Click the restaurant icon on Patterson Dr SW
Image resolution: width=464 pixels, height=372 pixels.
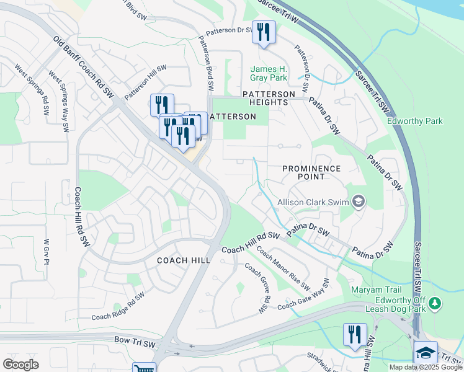(x=264, y=32)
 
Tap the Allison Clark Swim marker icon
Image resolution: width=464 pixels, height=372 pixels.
(x=358, y=201)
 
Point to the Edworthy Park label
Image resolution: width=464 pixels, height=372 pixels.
(x=415, y=121)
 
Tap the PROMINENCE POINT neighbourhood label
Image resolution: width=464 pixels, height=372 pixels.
(x=311, y=172)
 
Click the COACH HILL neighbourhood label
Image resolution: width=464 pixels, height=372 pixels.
(x=183, y=260)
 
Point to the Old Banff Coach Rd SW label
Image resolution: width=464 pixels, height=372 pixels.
(x=84, y=66)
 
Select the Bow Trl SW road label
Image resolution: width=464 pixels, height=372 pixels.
(x=135, y=340)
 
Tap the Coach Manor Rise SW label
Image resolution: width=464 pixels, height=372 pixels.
(x=283, y=269)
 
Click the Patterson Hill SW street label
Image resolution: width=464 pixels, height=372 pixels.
(x=146, y=82)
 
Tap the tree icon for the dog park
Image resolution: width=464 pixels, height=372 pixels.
(x=436, y=303)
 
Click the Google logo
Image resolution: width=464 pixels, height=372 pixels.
(x=20, y=364)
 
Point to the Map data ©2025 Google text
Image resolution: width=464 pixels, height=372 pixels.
(x=425, y=367)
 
